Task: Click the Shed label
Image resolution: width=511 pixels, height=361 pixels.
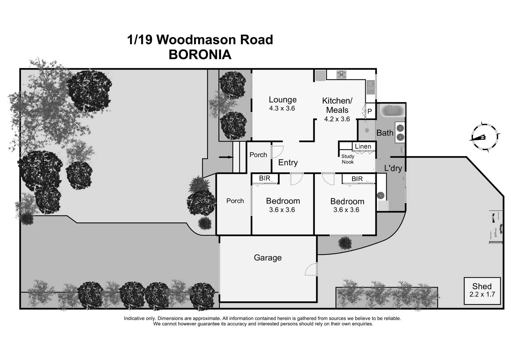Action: [482, 286]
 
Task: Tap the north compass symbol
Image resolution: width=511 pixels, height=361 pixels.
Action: [484, 137]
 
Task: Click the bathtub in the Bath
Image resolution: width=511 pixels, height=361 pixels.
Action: [392, 111]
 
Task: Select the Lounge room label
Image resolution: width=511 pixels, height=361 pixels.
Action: [282, 100]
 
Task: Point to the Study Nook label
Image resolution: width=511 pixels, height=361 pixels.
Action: [348, 159]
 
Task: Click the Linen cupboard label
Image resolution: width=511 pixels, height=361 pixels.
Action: [363, 146]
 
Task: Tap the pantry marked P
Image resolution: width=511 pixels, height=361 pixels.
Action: [369, 111]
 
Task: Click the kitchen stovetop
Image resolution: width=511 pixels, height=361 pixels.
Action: [341, 74]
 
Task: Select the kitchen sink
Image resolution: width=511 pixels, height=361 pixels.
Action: [370, 87]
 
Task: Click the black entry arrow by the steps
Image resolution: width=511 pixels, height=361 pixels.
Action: [226, 157]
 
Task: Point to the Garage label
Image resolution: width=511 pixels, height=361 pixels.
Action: [267, 258]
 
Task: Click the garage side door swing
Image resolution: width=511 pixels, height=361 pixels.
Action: [312, 269]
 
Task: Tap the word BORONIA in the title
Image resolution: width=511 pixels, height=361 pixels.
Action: [200, 55]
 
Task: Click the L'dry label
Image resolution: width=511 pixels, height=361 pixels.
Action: [393, 168]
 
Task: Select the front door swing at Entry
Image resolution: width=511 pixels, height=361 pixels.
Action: [277, 152]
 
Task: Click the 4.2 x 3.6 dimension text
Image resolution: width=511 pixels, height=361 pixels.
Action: [337, 119]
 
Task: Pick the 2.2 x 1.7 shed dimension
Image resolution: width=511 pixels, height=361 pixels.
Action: [482, 295]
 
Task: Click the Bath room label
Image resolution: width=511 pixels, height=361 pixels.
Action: [385, 133]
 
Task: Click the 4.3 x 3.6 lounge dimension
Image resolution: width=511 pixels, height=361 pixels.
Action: [282, 108]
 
